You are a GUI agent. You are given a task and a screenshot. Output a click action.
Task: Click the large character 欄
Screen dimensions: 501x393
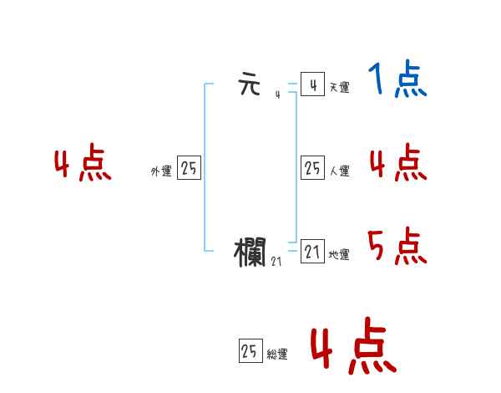[250, 252]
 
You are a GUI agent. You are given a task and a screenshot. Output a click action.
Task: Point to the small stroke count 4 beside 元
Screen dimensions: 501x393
[277, 94]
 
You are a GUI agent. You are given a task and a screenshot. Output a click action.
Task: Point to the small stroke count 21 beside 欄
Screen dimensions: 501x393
[276, 262]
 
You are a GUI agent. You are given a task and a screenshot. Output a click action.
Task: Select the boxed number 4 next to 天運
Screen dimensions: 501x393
[312, 84]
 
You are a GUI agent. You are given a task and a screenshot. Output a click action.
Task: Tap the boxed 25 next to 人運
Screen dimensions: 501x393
[312, 168]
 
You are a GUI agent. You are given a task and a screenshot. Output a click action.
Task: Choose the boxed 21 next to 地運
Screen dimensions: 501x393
[312, 252]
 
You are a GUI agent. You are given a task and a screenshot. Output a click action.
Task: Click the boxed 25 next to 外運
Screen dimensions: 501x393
[189, 168]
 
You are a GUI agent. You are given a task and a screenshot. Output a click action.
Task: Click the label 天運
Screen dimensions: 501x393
[339, 87]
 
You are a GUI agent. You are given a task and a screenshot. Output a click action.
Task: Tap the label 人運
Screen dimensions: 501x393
[339, 171]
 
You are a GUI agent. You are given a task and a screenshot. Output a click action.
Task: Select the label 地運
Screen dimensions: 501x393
[339, 254]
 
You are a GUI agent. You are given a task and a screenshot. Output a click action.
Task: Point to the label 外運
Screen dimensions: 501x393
[161, 171]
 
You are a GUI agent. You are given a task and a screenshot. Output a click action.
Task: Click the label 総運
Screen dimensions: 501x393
[277, 355]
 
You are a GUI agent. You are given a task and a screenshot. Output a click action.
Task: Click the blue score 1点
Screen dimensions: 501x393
[397, 80]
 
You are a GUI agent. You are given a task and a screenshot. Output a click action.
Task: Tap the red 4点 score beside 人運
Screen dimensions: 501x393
[397, 162]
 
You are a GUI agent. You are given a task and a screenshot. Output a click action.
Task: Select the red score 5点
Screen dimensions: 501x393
[397, 246]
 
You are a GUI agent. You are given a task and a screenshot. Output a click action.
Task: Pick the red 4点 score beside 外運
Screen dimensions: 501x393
[83, 165]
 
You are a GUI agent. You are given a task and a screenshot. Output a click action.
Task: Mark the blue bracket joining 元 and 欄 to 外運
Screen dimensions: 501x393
[205, 167]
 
